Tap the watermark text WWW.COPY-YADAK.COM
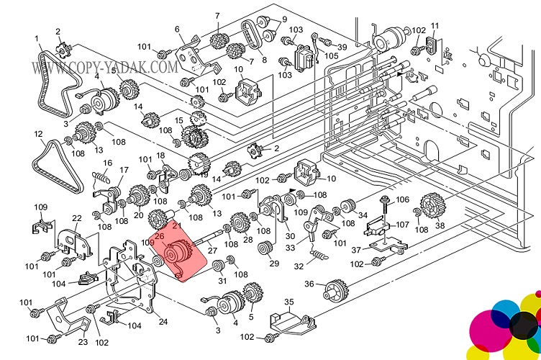(104, 68)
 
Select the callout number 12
(38, 134)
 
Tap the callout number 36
(310, 284)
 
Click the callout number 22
(76, 218)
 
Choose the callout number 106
(402, 200)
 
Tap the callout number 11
(434, 26)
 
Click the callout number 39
(341, 48)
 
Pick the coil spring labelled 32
(317, 254)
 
